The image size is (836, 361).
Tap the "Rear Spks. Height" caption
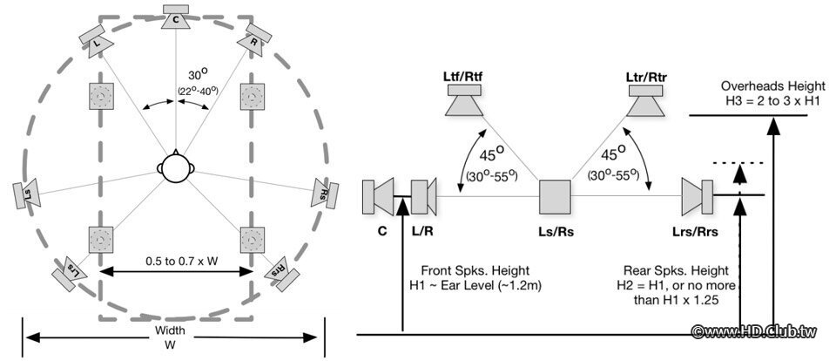click(666, 270)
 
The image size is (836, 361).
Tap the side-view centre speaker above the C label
click(380, 196)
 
